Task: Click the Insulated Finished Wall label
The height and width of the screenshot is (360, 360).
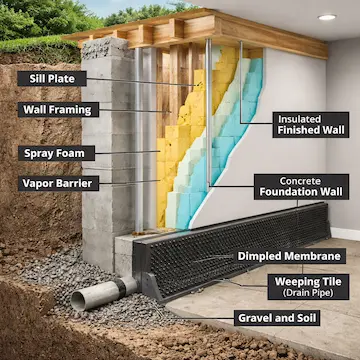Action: click(x=310, y=123)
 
